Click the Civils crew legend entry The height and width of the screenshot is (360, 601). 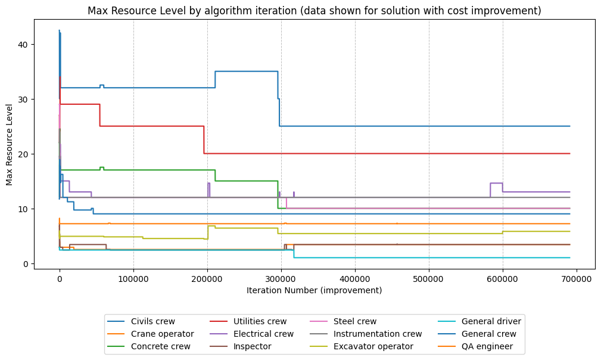coord(152,321)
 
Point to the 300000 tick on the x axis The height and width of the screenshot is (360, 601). coord(281,278)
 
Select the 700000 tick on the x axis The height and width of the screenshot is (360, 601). coord(577,278)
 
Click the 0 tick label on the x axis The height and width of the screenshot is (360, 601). coord(60,278)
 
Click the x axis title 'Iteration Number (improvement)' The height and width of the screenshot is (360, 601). coord(314,290)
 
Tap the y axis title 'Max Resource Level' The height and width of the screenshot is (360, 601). coord(10,144)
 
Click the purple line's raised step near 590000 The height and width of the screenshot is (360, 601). coord(496,183)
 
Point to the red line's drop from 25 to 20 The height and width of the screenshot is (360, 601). coord(204,139)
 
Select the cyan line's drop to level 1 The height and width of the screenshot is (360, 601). coord(294,254)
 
